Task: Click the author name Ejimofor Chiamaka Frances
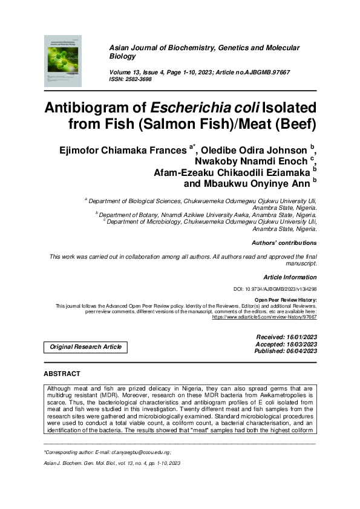coord(134,149)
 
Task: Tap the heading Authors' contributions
coord(284,243)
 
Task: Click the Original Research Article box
coord(85,347)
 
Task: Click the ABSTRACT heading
coord(62,374)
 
